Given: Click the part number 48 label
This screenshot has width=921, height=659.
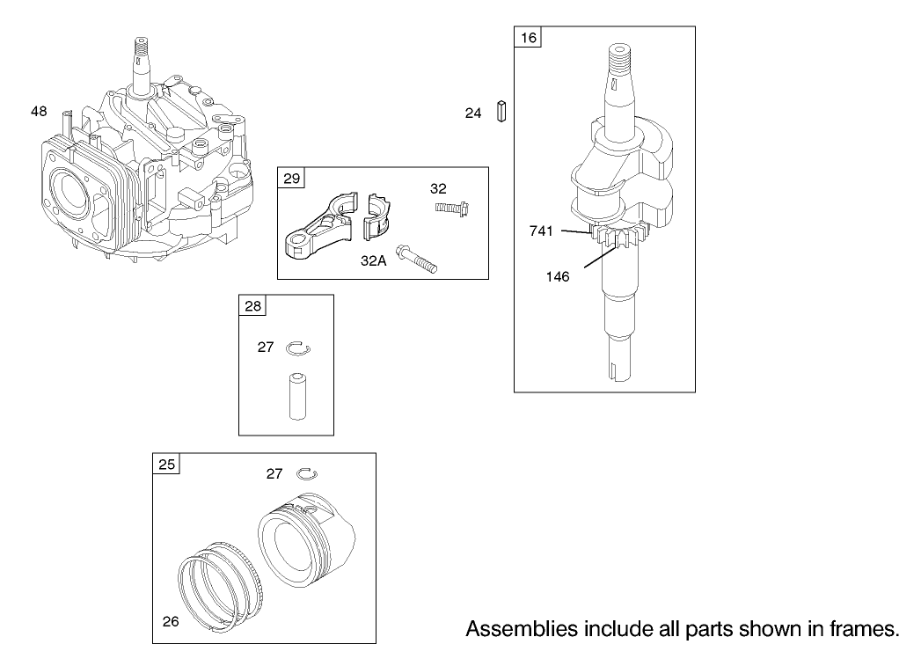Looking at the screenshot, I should [39, 111].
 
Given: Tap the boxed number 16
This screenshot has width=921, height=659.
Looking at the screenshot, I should [528, 37].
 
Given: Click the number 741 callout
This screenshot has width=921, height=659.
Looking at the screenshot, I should [541, 231].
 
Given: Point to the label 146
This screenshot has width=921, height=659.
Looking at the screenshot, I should [557, 276].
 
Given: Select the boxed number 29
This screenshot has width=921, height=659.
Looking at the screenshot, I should [291, 179].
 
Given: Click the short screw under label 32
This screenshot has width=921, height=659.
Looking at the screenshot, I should [450, 208].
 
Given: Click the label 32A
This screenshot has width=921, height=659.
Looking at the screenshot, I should [374, 260].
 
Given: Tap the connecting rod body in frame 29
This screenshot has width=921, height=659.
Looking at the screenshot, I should [318, 229].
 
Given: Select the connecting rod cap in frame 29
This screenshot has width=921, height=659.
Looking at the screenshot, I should [379, 216].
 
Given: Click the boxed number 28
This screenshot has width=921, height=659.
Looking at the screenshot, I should [252, 306].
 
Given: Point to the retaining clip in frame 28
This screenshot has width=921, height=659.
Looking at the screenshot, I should [298, 349].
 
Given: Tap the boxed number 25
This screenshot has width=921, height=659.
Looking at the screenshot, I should [166, 465].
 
